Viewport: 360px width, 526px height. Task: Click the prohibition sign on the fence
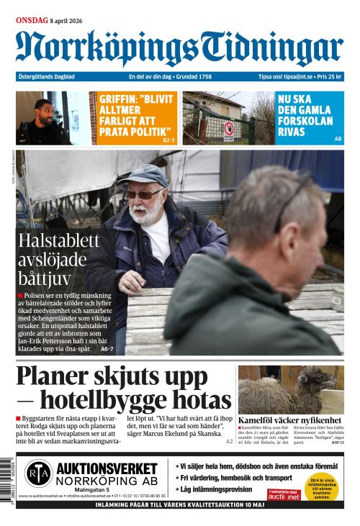point(229,130)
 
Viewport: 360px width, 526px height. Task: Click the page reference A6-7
point(107,348)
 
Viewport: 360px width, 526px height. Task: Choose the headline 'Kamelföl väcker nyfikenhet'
point(289,420)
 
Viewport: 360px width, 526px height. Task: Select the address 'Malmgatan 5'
point(92,490)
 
